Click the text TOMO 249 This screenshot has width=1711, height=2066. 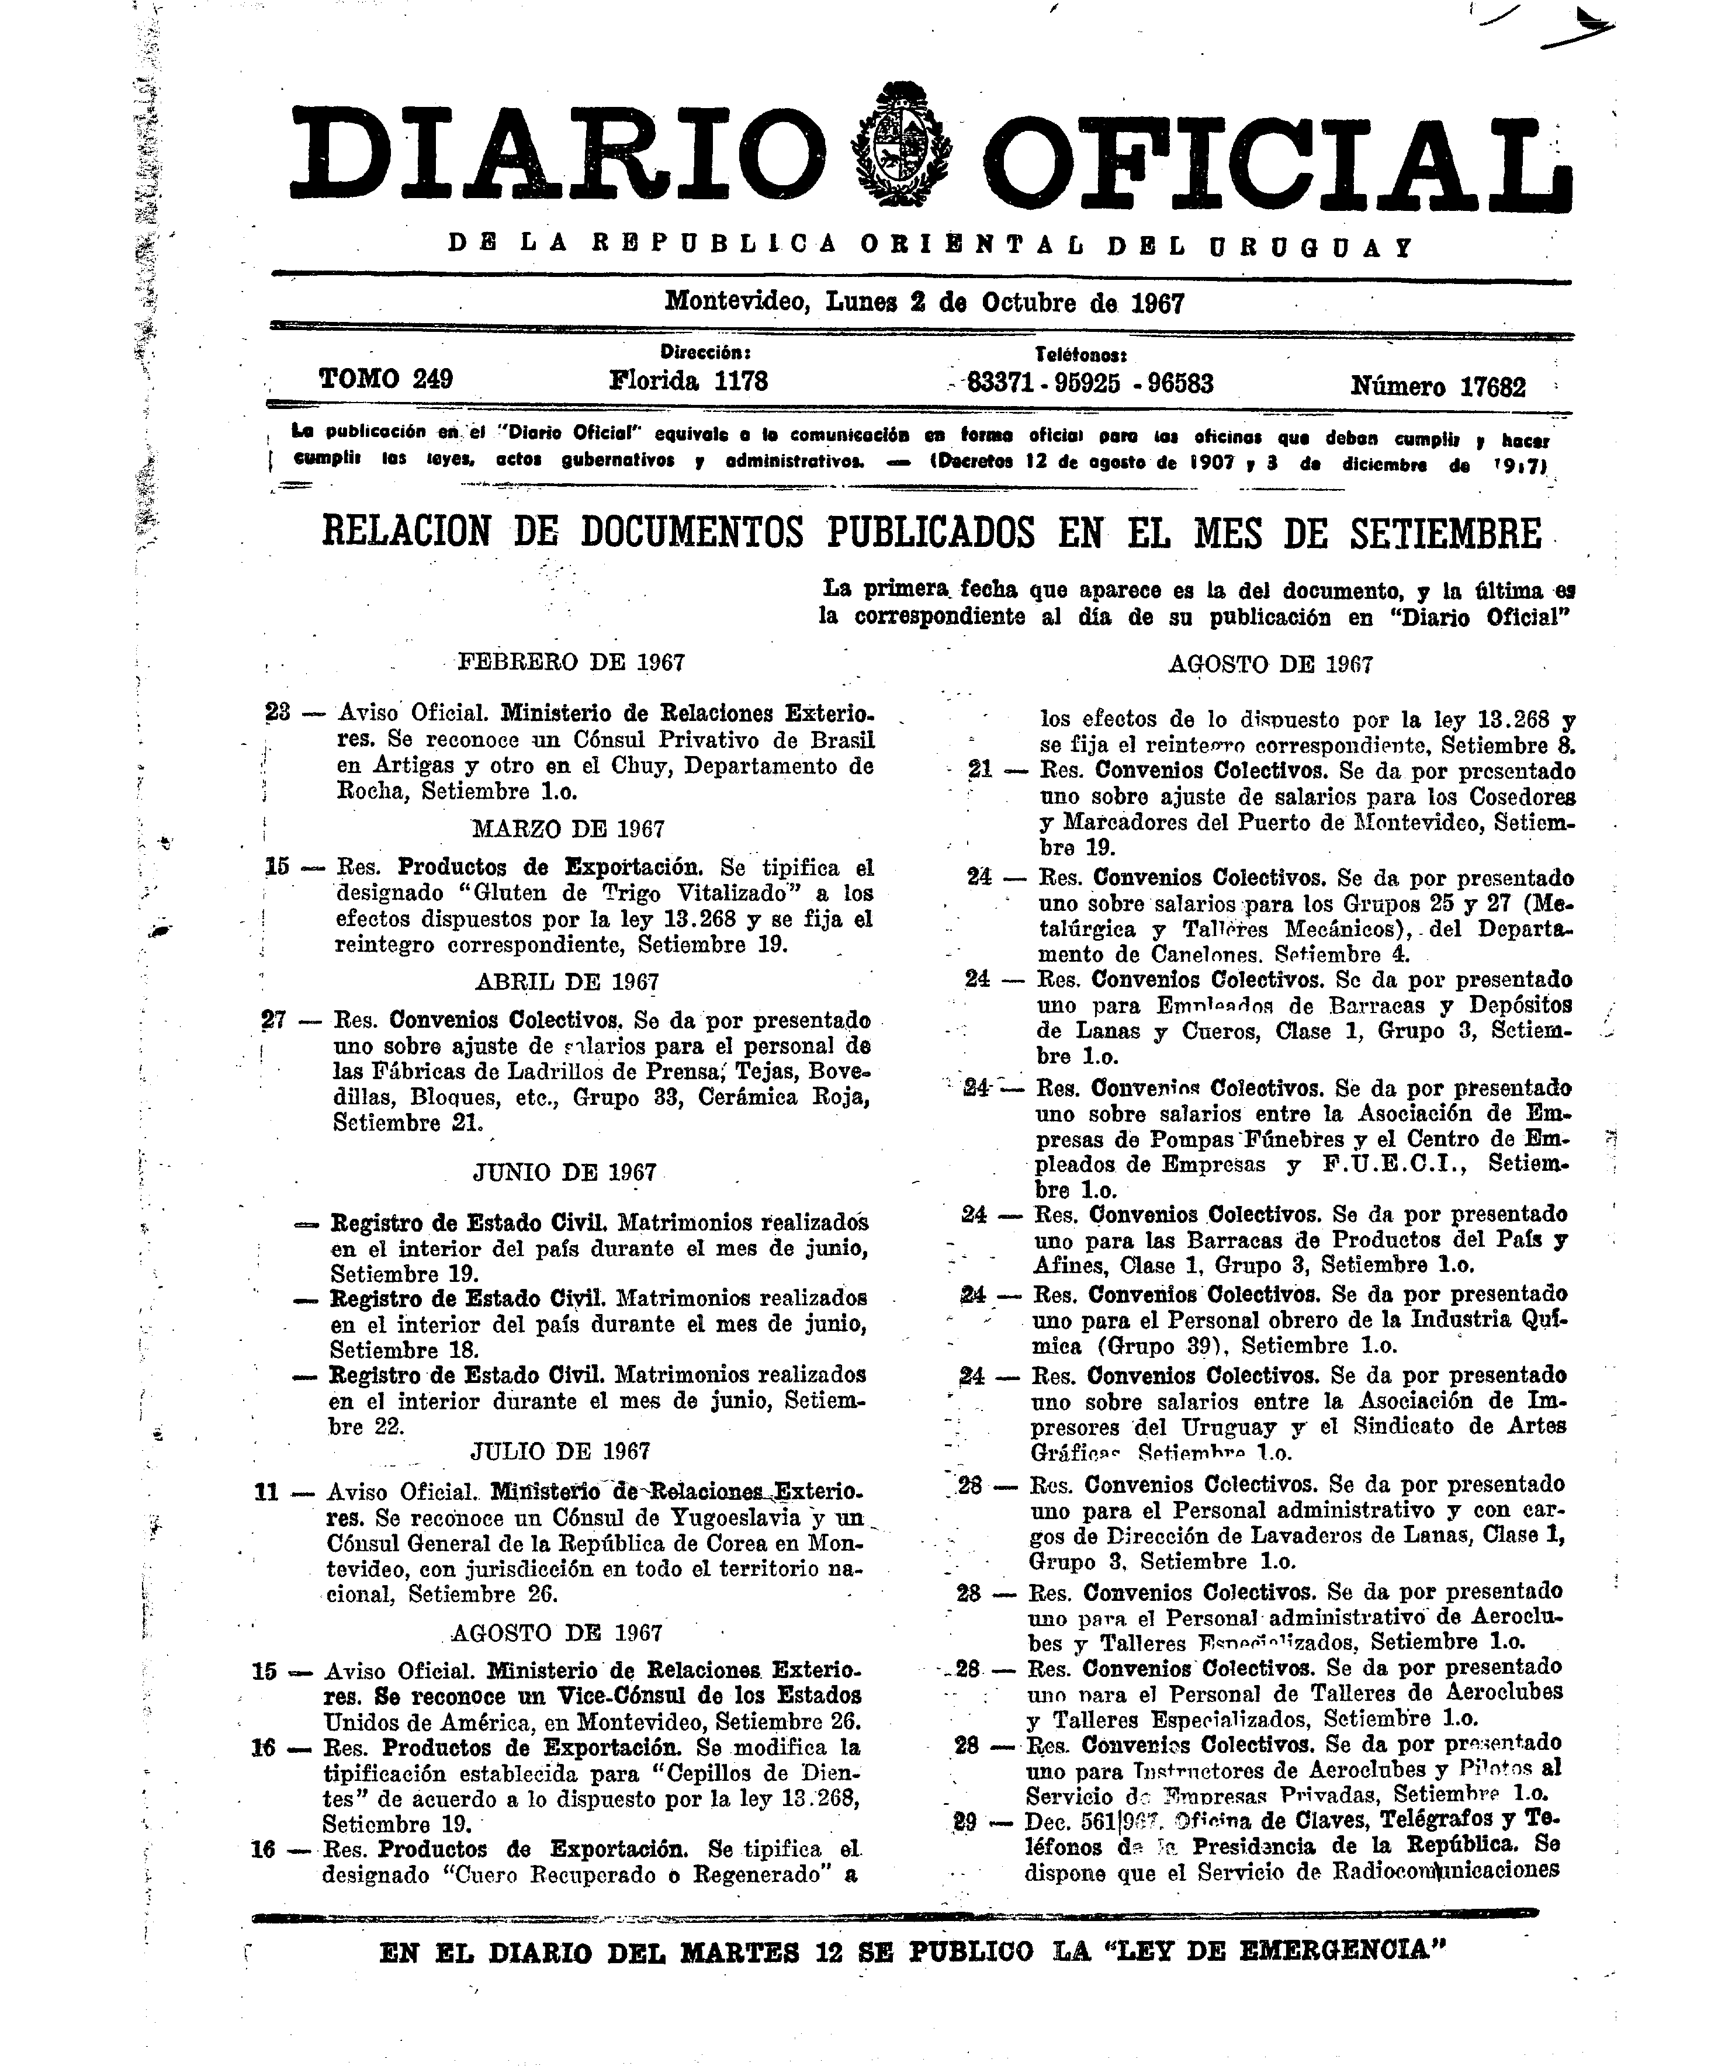pos(386,380)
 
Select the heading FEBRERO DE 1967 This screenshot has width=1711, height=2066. pos(572,662)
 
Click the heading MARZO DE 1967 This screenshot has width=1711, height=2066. pos(569,829)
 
